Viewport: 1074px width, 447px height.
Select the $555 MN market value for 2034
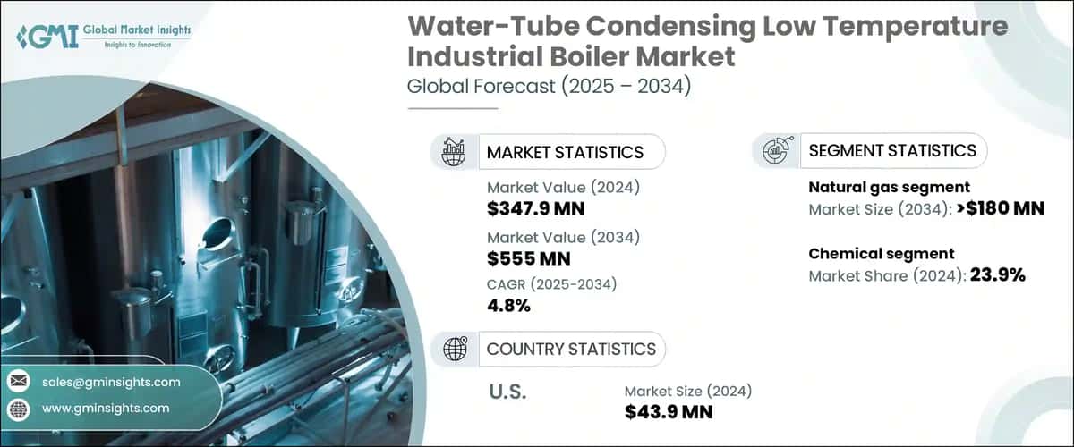528,259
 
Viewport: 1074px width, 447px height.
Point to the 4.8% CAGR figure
509,306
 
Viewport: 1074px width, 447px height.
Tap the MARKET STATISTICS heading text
565,152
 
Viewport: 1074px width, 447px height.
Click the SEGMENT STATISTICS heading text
892,150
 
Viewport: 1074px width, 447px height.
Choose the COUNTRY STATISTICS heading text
571,349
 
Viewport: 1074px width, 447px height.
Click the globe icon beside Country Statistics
456,349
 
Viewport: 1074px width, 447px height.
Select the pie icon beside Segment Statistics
776,150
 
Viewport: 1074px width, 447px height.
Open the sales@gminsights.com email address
111,382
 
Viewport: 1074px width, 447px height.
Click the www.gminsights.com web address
106,408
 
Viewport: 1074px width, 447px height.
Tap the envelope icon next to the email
18,382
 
